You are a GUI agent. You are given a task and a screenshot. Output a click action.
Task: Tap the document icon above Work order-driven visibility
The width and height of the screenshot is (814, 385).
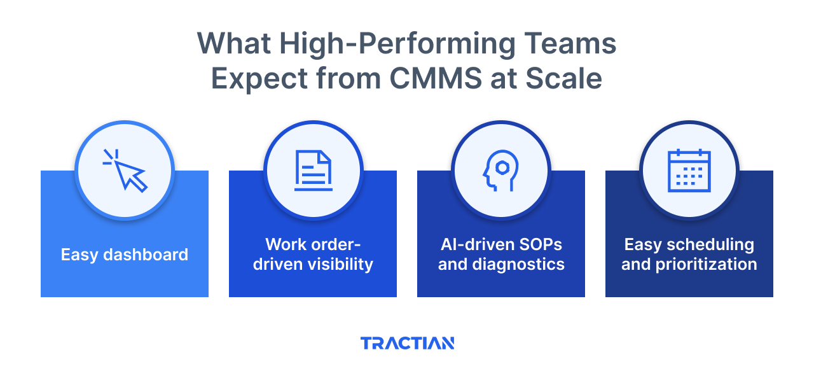(x=313, y=170)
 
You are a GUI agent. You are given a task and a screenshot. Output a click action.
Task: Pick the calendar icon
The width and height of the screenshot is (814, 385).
(x=689, y=170)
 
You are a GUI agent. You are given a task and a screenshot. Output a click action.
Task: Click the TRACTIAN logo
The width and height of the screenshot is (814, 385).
(x=407, y=343)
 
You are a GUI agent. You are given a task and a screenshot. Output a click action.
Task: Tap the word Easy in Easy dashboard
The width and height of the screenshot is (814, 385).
(x=78, y=255)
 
